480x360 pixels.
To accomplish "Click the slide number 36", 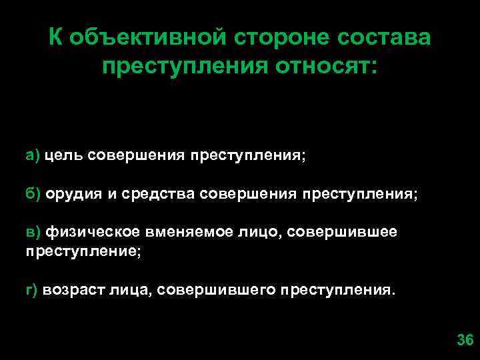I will coord(465,340).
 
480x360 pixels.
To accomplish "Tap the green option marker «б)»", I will coord(33,194).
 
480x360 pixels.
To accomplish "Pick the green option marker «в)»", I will coord(33,231).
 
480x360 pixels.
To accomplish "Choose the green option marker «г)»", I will coord(32,291).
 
